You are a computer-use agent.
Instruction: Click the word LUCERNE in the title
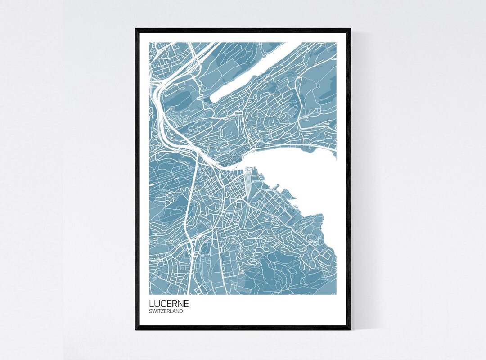tap(170, 304)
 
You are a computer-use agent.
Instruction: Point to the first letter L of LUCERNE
tap(152, 304)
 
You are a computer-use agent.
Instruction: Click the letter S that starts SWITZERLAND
tap(151, 311)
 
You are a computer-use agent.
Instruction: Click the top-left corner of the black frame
tap(136, 30)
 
